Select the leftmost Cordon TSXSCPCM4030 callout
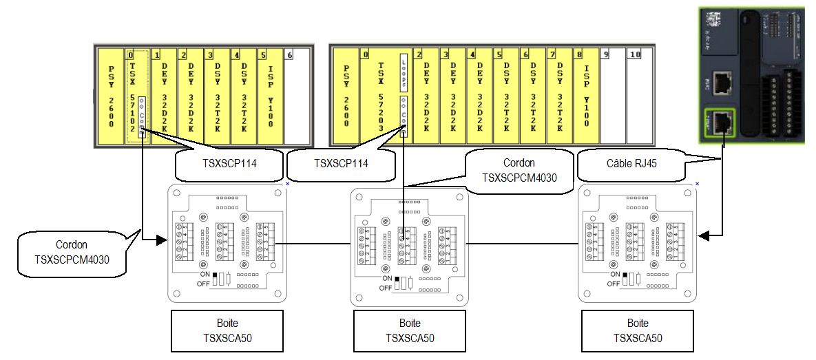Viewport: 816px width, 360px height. pos(65,251)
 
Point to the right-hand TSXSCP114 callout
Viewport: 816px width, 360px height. pos(340,164)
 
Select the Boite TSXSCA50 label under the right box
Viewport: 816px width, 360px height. pos(637,330)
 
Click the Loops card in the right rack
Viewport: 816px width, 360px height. pos(404,72)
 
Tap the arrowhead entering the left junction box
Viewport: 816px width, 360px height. pos(163,240)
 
